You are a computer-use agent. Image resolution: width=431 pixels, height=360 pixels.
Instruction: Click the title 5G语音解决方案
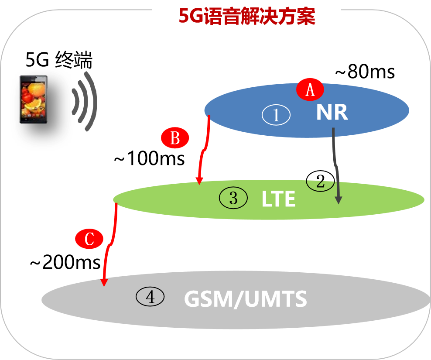(x=246, y=17)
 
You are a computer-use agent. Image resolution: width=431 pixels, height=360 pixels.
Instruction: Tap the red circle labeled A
(x=310, y=90)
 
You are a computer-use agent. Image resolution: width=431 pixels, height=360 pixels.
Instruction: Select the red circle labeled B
(x=175, y=138)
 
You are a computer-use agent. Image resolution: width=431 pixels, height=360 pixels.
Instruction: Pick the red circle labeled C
(x=89, y=239)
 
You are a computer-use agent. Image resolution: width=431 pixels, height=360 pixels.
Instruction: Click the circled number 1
(x=276, y=115)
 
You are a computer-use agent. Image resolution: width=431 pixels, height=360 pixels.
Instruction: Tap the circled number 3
(x=233, y=198)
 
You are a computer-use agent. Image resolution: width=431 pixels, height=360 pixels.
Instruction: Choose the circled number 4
(x=150, y=297)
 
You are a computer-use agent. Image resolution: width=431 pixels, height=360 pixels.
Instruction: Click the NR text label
(x=332, y=113)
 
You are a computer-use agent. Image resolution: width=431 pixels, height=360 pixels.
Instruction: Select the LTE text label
(x=278, y=199)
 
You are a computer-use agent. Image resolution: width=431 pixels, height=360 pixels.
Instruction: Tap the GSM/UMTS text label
(x=246, y=300)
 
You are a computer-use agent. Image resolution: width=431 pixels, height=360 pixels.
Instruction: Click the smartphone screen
(x=33, y=99)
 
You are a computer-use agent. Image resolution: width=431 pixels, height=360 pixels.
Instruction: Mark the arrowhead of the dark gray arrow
(x=339, y=199)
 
